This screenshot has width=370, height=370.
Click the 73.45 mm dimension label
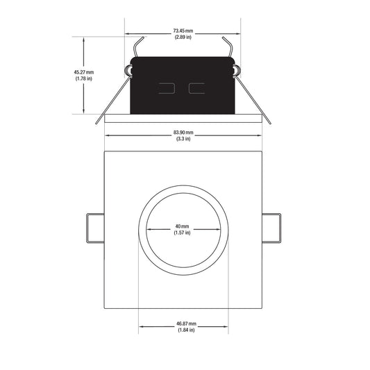183,31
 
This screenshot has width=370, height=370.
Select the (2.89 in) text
183,37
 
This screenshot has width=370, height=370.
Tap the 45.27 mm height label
84,72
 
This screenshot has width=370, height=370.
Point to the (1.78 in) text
84,78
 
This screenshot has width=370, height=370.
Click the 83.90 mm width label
183,133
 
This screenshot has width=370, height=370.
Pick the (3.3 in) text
183,139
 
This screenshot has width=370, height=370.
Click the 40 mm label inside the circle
182,226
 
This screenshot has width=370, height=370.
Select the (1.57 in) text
182,233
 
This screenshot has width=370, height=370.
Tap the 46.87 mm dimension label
186,323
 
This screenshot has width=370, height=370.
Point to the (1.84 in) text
186,330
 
